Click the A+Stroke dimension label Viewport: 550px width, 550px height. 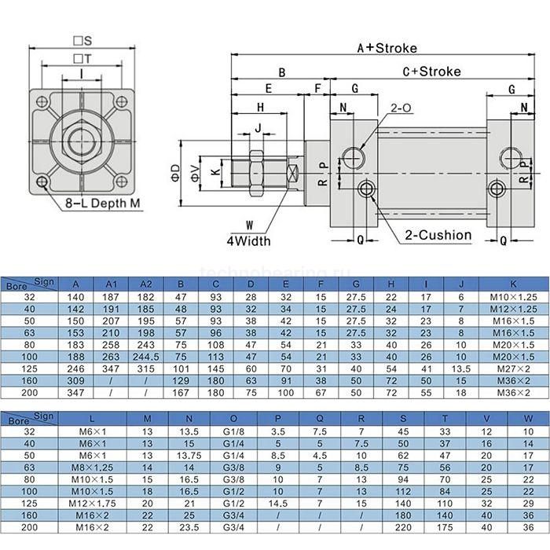click(x=387, y=48)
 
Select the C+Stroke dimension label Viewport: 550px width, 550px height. click(x=431, y=71)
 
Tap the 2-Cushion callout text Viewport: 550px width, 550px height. click(x=438, y=234)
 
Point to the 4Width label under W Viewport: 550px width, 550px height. click(x=249, y=240)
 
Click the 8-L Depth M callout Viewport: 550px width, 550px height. click(x=103, y=204)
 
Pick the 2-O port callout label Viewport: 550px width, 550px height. click(x=401, y=108)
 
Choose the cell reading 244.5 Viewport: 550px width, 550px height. click(x=145, y=355)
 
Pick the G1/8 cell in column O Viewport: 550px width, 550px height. click(x=233, y=431)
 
